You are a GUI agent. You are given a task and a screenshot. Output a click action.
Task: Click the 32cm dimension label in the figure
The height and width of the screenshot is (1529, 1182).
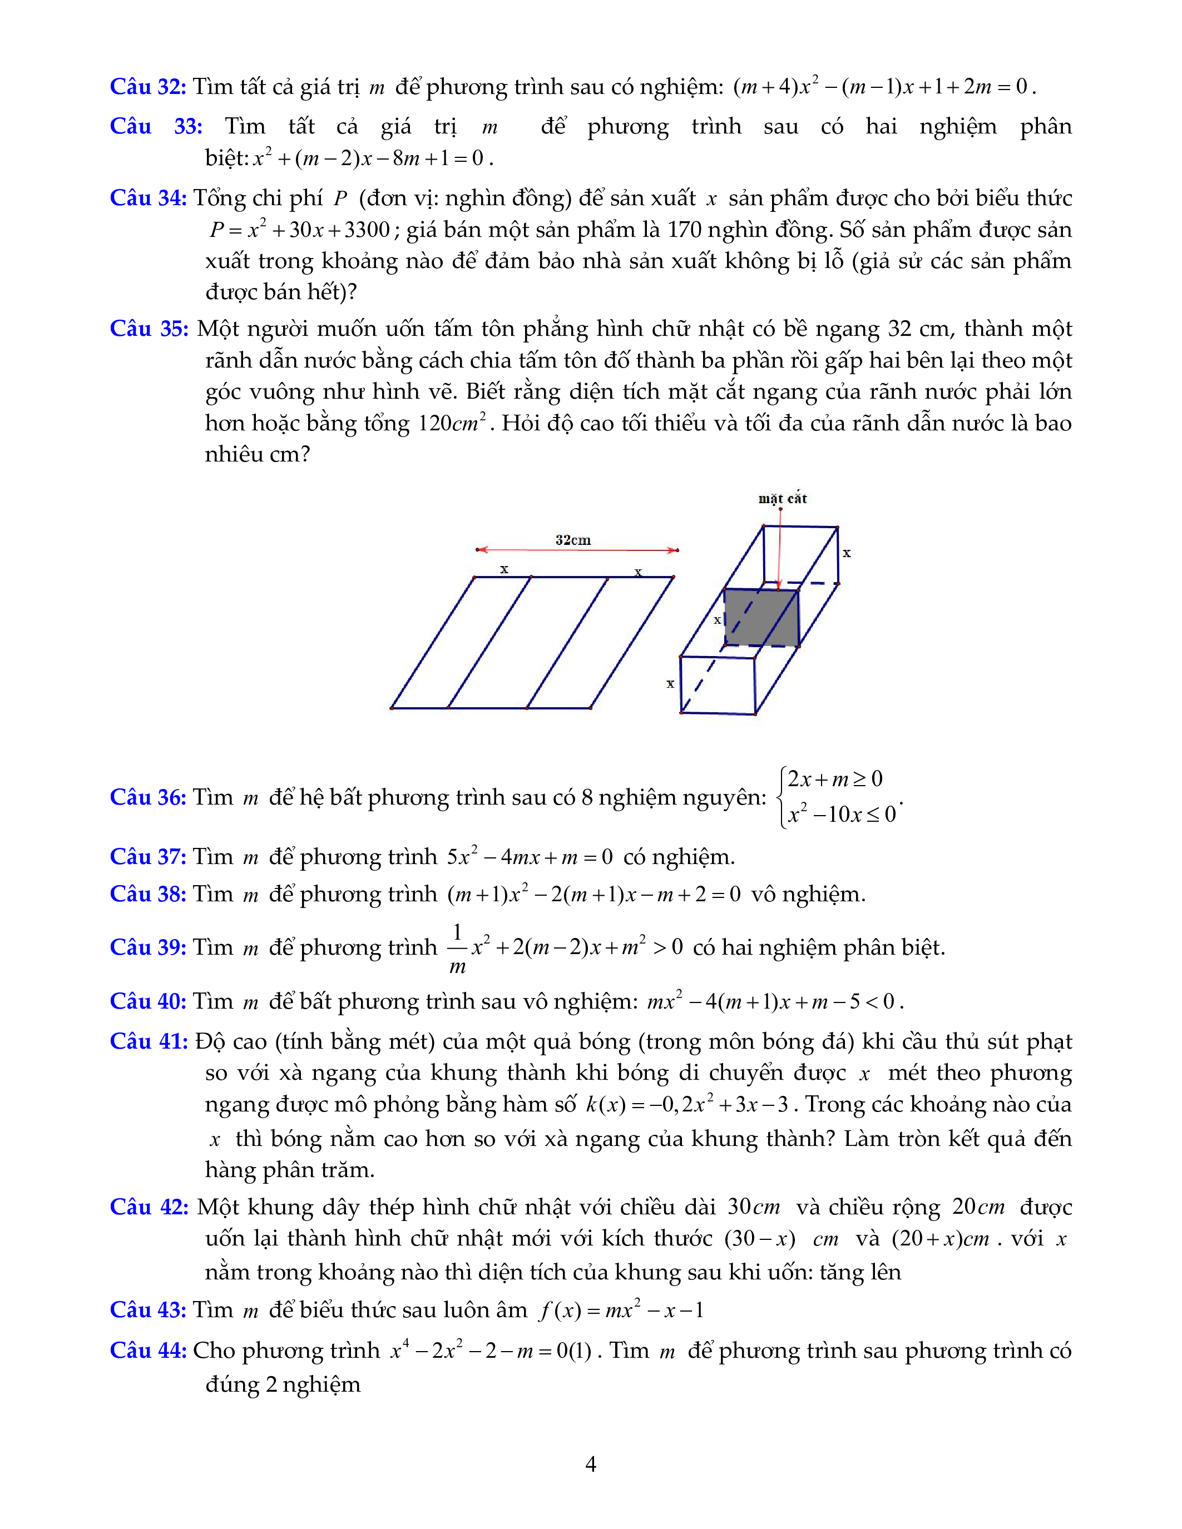point(573,540)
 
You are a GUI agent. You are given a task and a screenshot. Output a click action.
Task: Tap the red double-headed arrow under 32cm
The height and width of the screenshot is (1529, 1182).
point(577,550)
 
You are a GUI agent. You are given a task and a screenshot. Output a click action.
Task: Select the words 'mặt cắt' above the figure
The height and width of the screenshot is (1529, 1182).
point(782,499)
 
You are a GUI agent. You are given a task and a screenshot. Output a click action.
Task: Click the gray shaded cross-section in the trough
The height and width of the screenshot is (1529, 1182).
point(760,618)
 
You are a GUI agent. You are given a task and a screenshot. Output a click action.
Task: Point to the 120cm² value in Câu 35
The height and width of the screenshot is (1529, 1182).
point(452,423)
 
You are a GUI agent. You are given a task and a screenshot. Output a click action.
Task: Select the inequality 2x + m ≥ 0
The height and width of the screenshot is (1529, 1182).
point(835,779)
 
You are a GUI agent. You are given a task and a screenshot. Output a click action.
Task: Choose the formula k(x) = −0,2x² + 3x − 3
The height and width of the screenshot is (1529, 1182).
point(687,1104)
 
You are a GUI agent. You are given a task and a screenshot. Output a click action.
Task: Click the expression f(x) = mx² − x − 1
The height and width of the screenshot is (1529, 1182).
point(621,1310)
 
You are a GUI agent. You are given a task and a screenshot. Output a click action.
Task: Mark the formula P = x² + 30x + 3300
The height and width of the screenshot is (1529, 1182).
point(300,230)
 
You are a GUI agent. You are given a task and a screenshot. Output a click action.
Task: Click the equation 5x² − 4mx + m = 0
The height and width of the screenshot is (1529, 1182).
point(530,857)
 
